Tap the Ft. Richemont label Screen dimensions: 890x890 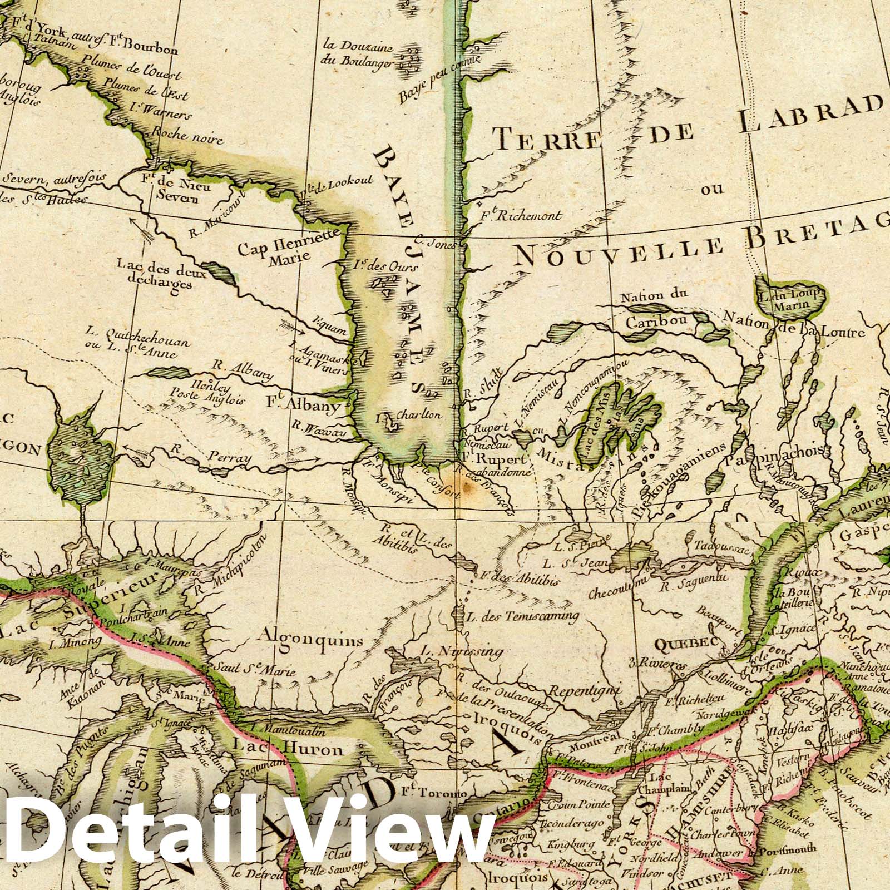point(520,216)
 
